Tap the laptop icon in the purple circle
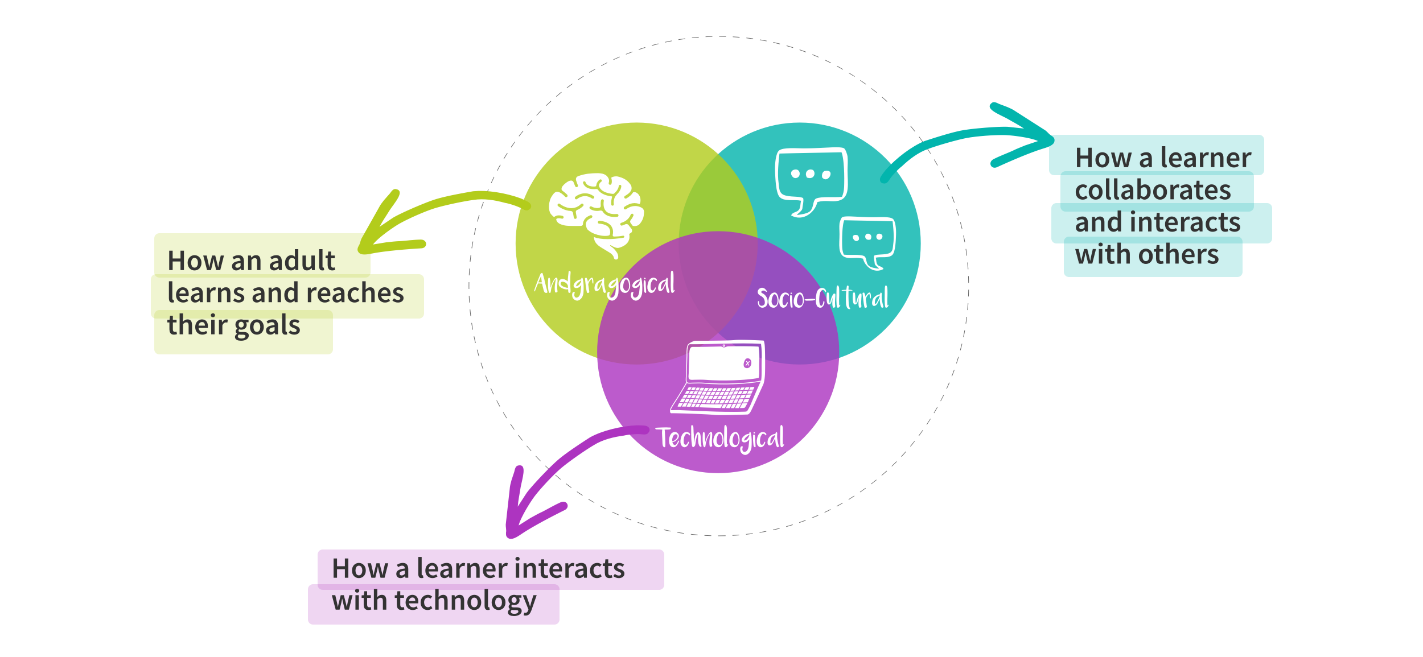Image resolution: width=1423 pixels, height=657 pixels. [x=719, y=377]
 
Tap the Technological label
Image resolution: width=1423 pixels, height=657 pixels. [x=721, y=438]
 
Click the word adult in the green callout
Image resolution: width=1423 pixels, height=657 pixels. [x=302, y=261]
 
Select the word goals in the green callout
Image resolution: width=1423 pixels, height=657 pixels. [x=267, y=326]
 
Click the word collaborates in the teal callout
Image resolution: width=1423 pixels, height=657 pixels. [x=1153, y=190]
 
